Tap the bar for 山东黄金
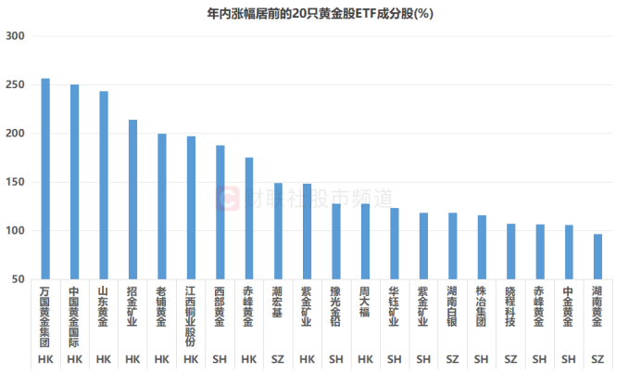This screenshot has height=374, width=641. (x=104, y=185)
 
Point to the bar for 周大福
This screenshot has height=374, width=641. (x=365, y=240)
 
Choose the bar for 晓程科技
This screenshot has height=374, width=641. (x=510, y=251)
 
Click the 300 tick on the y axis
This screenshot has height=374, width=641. (x=15, y=36)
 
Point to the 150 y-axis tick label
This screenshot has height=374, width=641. (x=15, y=182)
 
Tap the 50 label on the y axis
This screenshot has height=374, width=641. (x=18, y=279)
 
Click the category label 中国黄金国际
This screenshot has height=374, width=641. (x=74, y=315)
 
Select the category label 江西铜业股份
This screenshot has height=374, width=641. (x=191, y=315)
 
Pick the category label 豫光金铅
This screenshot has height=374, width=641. (x=335, y=307)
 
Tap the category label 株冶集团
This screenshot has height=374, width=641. (x=481, y=307)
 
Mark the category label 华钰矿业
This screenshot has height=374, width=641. (x=394, y=307)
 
